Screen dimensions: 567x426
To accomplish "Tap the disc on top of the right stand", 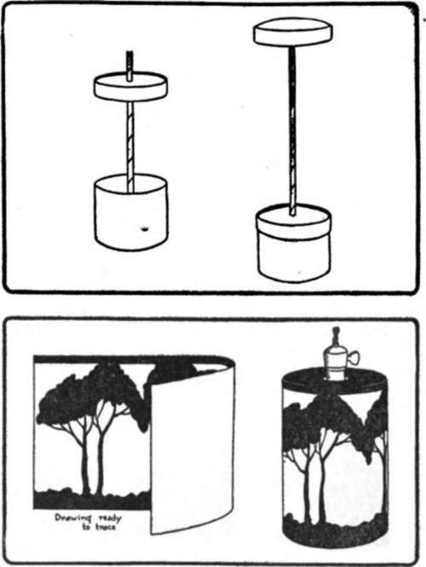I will click(292, 32).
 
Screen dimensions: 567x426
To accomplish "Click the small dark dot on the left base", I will click(143, 227).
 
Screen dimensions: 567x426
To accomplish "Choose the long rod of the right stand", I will click(293, 128).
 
